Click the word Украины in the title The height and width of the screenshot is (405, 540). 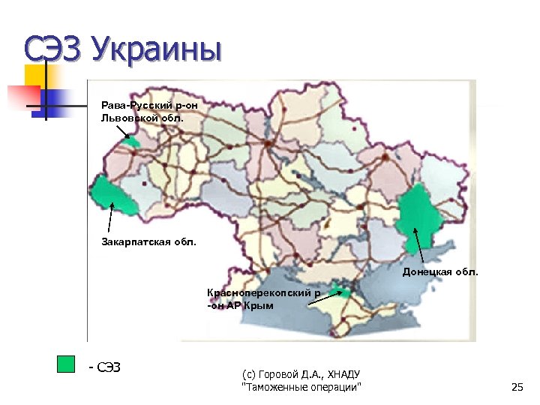coord(157,52)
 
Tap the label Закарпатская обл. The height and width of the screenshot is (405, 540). coord(148,241)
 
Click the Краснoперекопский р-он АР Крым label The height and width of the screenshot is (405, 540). coord(263,299)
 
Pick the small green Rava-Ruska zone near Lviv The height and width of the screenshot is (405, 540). coord(133,141)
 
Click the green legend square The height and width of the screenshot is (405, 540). coord(67,364)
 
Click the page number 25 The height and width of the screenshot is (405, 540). coord(516,387)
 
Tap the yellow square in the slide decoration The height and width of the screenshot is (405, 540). coord(36,75)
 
